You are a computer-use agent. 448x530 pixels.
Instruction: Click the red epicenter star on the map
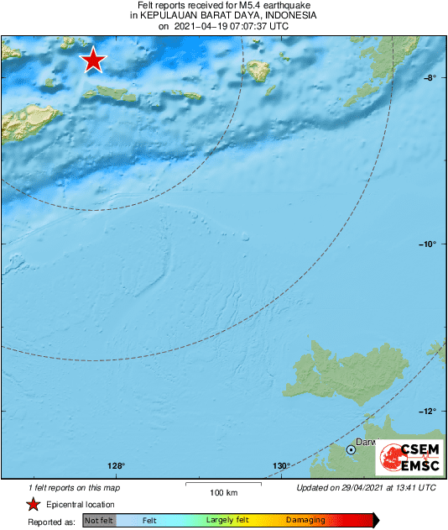(92, 60)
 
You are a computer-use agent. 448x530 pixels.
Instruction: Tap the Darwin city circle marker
(352, 450)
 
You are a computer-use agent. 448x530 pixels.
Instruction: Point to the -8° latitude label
(429, 78)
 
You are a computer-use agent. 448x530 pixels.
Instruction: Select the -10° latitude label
(427, 244)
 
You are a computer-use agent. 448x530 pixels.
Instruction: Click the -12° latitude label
(427, 412)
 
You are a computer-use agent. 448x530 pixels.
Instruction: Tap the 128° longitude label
(116, 467)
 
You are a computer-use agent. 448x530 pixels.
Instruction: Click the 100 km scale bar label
(222, 492)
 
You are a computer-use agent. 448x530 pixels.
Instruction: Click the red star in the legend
(33, 505)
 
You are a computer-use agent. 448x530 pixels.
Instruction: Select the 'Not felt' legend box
(99, 521)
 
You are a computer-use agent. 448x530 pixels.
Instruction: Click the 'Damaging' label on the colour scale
(305, 521)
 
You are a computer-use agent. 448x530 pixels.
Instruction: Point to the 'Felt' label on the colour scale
(149, 521)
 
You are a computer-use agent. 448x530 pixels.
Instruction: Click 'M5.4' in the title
(252, 5)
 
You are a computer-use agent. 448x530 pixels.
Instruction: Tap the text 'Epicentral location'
(81, 505)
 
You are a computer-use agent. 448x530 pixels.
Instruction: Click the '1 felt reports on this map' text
(75, 488)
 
